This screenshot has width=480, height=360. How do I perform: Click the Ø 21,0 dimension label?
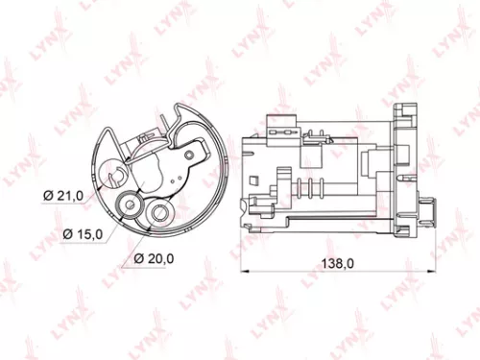pos(64,196)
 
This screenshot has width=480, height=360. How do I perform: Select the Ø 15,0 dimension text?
pos(84,233)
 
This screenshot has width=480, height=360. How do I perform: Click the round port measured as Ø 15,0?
pos(126,204)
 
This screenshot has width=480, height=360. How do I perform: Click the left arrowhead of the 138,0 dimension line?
pos(240,272)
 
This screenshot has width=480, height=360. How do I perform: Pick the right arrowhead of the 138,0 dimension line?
pos(426,272)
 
